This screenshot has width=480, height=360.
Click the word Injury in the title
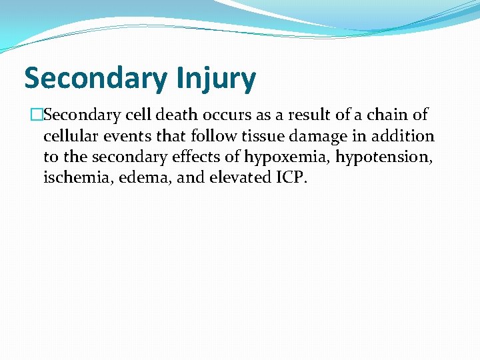(217, 79)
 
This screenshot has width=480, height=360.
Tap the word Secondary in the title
(95, 79)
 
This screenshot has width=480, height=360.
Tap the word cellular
(69, 137)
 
